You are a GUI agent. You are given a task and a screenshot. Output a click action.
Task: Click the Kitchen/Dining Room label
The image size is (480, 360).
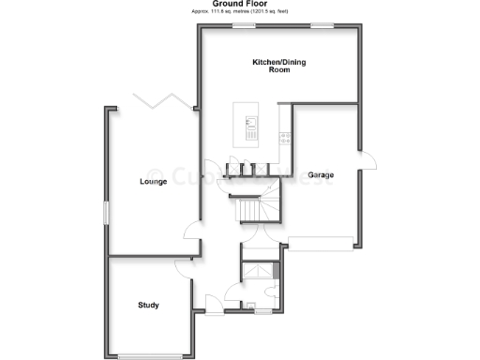click(278, 66)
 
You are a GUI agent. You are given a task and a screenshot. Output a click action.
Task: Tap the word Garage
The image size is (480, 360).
click(322, 174)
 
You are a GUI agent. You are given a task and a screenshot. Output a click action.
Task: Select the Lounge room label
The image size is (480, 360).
click(153, 181)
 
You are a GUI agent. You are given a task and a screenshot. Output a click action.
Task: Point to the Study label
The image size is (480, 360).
click(148, 305)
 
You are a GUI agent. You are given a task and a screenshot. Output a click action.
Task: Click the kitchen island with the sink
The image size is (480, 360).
click(251, 129)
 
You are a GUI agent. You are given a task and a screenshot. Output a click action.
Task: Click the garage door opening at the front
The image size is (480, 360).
click(322, 243)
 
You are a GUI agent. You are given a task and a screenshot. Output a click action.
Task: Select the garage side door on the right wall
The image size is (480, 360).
click(367, 158)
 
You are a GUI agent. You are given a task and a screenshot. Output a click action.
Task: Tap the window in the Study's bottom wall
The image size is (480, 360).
click(153, 354)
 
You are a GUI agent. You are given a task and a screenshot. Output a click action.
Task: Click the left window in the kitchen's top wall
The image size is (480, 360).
click(246, 26)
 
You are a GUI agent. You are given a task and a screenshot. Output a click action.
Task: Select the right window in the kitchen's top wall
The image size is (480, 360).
click(324, 26)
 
